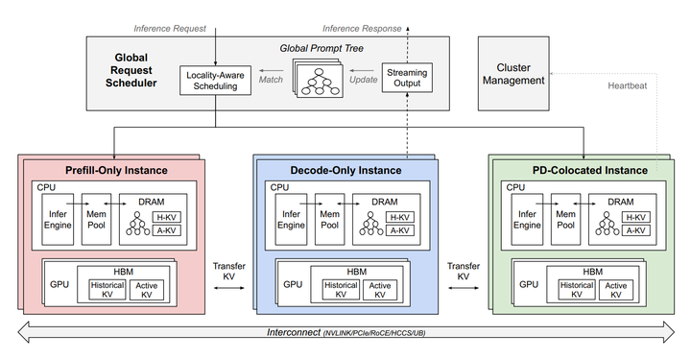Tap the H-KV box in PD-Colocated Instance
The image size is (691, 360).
(636, 217)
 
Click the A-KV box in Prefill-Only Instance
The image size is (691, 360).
(167, 230)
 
